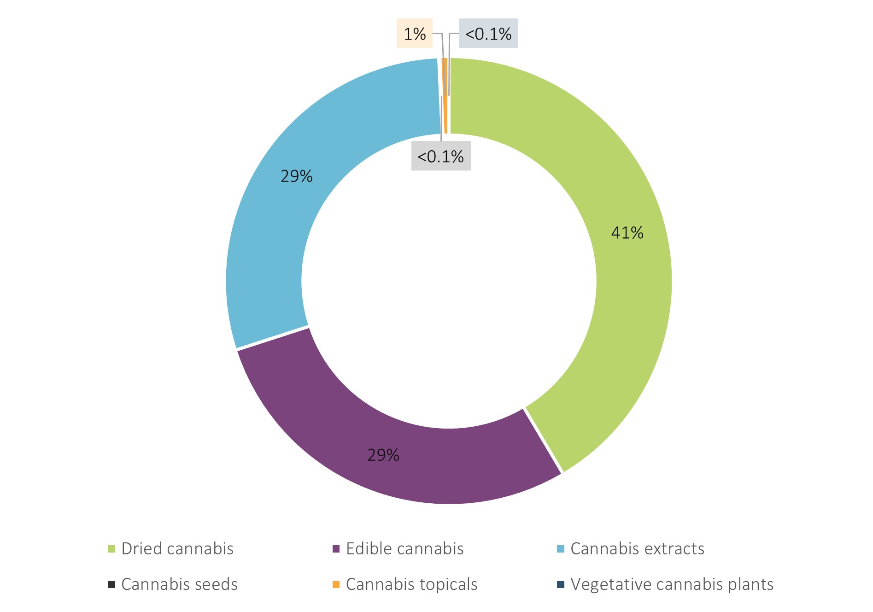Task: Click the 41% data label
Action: [x=627, y=233]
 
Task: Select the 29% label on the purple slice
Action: [x=383, y=455]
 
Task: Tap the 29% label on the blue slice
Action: [x=297, y=177]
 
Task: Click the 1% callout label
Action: [x=415, y=34]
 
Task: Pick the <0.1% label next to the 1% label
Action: [x=488, y=34]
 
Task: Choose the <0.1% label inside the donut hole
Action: [x=441, y=157]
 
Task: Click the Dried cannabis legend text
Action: [x=177, y=549]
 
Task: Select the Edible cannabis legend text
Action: [x=405, y=549]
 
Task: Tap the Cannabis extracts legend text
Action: [x=638, y=549]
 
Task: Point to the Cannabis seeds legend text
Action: [x=180, y=584]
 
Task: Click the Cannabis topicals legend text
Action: [x=412, y=584]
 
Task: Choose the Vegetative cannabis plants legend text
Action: [x=672, y=584]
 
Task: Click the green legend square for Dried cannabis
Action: [x=111, y=549]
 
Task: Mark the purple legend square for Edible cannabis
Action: [x=336, y=549]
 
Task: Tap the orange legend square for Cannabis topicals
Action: [x=336, y=585]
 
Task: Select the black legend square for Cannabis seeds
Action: [x=111, y=585]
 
